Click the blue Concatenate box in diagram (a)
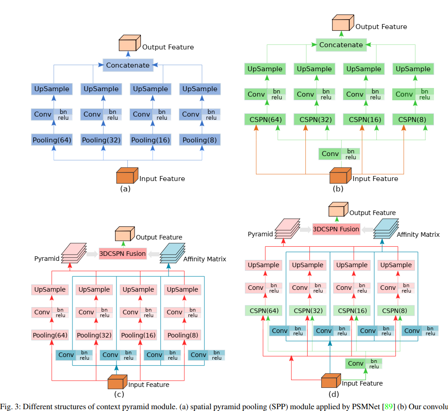(x=127, y=65)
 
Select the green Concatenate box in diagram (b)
(x=341, y=45)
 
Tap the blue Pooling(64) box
(x=52, y=140)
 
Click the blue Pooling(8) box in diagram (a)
(x=199, y=140)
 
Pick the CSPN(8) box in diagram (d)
(x=395, y=311)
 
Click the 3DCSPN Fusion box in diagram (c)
(x=123, y=254)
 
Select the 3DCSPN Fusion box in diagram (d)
(x=336, y=229)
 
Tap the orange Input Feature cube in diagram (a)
(x=127, y=176)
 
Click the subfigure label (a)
(x=125, y=189)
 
